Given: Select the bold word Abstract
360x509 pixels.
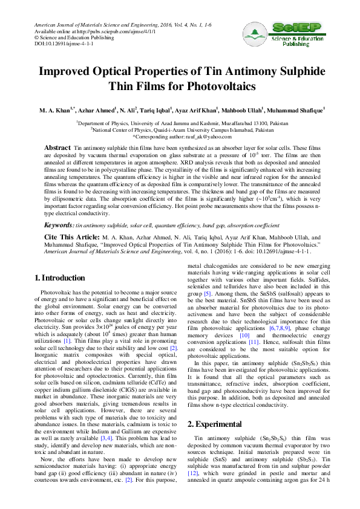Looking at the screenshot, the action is [x=58, y=148].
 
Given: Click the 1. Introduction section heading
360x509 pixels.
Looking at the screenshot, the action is [x=62, y=278].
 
